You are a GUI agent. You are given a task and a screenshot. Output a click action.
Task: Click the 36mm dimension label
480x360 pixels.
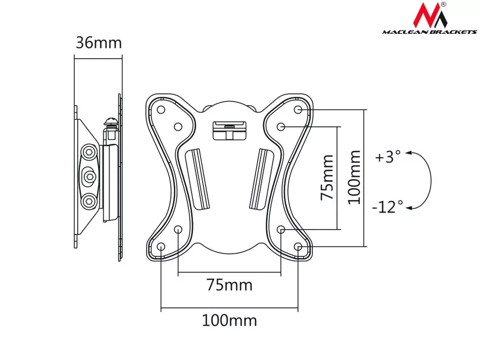tap(99, 43)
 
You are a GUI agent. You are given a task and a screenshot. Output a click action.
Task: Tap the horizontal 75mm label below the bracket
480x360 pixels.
tap(229, 285)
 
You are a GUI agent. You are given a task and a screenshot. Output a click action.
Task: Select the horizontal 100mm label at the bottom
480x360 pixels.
tap(229, 321)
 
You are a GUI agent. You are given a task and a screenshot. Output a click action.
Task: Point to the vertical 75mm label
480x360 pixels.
tap(327, 178)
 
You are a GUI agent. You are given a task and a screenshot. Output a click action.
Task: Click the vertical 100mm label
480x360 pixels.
tap(354, 177)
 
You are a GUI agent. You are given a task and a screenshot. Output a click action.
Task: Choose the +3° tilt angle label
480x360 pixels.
tap(388, 157)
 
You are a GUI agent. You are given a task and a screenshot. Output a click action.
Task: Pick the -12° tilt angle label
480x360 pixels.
tap(388, 207)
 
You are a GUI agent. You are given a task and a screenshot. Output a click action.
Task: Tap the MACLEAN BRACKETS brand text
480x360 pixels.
tap(429, 31)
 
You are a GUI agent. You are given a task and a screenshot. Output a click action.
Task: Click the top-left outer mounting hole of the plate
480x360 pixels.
tap(161, 110)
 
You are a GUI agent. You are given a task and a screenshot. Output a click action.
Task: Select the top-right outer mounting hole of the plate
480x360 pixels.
tap(298, 110)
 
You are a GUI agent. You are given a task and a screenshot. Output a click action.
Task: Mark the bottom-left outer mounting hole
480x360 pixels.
tap(161, 246)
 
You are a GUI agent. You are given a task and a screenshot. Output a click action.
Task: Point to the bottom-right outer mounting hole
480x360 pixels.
tap(298, 246)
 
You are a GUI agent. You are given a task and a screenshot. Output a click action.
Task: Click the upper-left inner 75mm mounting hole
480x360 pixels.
tap(178, 127)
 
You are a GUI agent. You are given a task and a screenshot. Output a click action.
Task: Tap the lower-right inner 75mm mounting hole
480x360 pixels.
tap(281, 229)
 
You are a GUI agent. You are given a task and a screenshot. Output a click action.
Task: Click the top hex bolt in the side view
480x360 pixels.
tap(89, 151)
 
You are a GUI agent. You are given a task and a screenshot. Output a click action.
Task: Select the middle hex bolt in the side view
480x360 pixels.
tap(89, 176)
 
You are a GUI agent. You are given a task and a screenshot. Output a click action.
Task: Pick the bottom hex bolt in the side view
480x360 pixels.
tap(89, 201)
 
